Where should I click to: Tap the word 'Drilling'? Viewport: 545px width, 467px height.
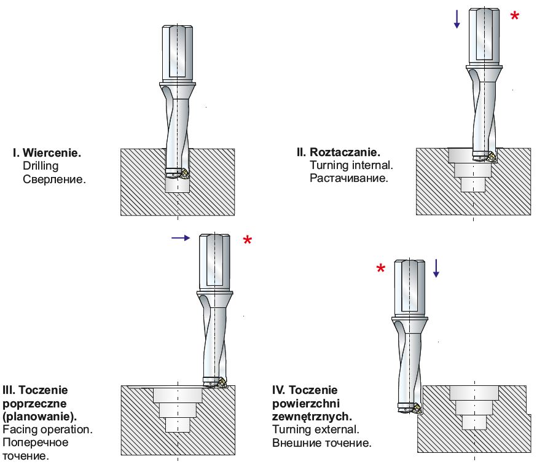click(41, 166)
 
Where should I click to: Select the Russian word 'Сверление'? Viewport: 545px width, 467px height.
click(54, 179)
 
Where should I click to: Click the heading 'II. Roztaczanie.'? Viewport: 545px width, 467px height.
click(339, 152)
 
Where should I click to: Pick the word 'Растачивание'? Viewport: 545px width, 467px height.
click(348, 179)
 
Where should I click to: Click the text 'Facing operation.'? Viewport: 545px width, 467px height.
click(48, 430)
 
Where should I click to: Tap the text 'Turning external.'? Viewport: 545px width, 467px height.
click(315, 430)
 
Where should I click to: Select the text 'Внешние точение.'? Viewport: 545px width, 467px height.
click(321, 443)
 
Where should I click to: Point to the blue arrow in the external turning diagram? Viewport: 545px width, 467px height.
click(436, 267)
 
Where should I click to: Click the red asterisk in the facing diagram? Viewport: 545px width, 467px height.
click(247, 240)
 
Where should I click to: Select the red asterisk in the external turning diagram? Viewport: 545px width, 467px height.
click(381, 269)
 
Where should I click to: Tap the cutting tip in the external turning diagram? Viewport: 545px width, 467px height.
click(415, 408)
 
